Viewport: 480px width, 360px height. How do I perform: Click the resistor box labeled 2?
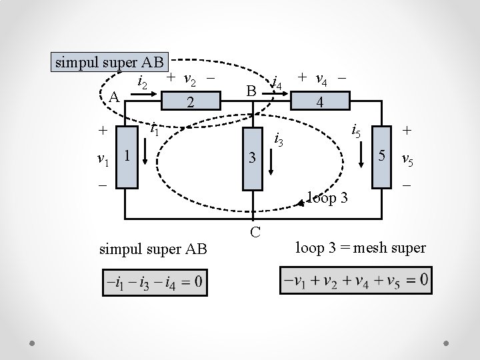coord(190,101)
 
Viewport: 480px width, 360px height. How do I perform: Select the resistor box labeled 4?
coord(321,101)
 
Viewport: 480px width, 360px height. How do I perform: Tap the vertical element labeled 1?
coord(125,155)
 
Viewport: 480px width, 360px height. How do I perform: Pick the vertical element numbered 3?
coord(253,159)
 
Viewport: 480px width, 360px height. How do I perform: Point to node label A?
coord(113,98)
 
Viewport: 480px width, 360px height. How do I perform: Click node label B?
coord(250,89)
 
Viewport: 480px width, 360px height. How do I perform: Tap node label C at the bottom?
coord(255,232)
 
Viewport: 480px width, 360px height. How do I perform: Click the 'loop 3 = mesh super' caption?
coord(361,248)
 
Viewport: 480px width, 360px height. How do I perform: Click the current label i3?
coord(280,141)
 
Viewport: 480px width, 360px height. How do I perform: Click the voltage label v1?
coord(103,160)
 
